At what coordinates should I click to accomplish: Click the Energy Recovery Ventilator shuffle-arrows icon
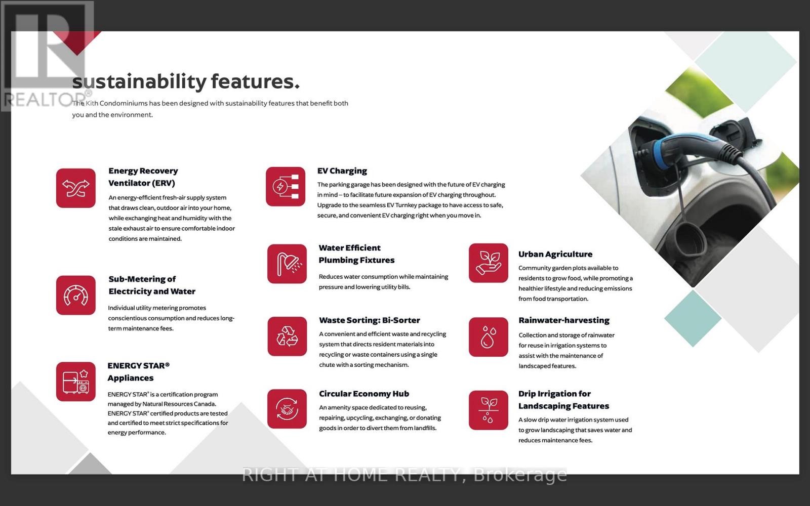(x=75, y=188)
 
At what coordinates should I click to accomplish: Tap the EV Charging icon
(x=286, y=187)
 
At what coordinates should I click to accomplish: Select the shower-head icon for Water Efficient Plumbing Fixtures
(x=287, y=264)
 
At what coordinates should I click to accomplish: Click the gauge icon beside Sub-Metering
(x=75, y=296)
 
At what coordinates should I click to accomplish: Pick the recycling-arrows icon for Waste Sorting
(x=287, y=336)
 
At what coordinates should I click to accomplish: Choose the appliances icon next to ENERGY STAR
(x=75, y=382)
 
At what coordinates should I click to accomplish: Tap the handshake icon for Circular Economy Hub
(x=287, y=409)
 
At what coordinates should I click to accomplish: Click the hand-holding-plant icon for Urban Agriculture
(x=489, y=263)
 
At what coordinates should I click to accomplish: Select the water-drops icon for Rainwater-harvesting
(x=489, y=337)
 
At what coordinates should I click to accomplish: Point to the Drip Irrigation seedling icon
(x=489, y=410)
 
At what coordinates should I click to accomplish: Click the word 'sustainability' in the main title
(x=139, y=81)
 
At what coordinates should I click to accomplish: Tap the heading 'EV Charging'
(x=342, y=171)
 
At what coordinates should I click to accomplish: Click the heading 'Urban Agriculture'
(x=555, y=255)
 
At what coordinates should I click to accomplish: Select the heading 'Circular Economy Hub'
(x=364, y=394)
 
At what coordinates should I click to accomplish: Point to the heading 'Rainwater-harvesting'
(x=564, y=321)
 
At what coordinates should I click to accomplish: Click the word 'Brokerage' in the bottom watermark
(x=520, y=475)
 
